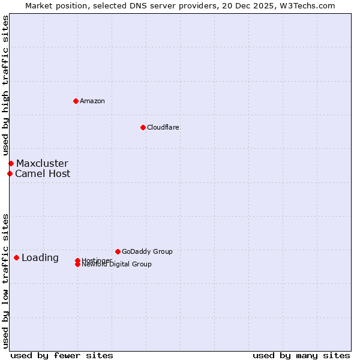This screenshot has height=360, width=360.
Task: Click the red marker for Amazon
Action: coord(76,101)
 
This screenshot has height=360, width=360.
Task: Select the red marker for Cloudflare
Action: coord(143,127)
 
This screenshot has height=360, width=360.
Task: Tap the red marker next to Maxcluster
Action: coord(11,163)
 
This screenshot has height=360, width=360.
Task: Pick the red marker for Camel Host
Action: coord(10,173)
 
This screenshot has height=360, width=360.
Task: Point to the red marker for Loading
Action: coord(16,257)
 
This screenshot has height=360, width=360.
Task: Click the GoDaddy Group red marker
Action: coord(118,251)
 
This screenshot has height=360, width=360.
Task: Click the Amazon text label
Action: coord(92,101)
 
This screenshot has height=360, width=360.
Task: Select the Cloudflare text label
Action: coord(163,127)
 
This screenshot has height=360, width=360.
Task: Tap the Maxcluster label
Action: coord(42,163)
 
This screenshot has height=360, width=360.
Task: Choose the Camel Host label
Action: coord(43,174)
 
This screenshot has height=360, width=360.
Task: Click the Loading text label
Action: coord(40,258)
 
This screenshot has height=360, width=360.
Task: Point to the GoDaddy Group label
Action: coord(147,251)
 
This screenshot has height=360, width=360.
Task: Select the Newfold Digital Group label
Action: coord(117,265)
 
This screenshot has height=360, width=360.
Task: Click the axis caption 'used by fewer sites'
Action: coord(62,355)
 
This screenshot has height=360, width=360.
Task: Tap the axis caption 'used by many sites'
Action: coord(301,355)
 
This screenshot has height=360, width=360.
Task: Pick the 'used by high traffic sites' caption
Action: coord(5,86)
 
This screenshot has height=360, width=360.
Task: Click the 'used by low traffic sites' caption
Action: coord(5,280)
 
